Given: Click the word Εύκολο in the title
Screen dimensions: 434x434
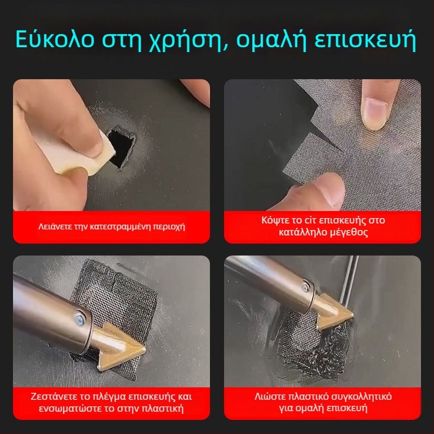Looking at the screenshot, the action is [x=55, y=39].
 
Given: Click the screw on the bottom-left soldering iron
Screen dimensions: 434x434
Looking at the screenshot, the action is [x=80, y=318].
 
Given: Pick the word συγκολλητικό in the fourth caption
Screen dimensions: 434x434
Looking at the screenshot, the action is [x=361, y=397].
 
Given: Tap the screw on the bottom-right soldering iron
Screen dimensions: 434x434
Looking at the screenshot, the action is [x=307, y=287].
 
